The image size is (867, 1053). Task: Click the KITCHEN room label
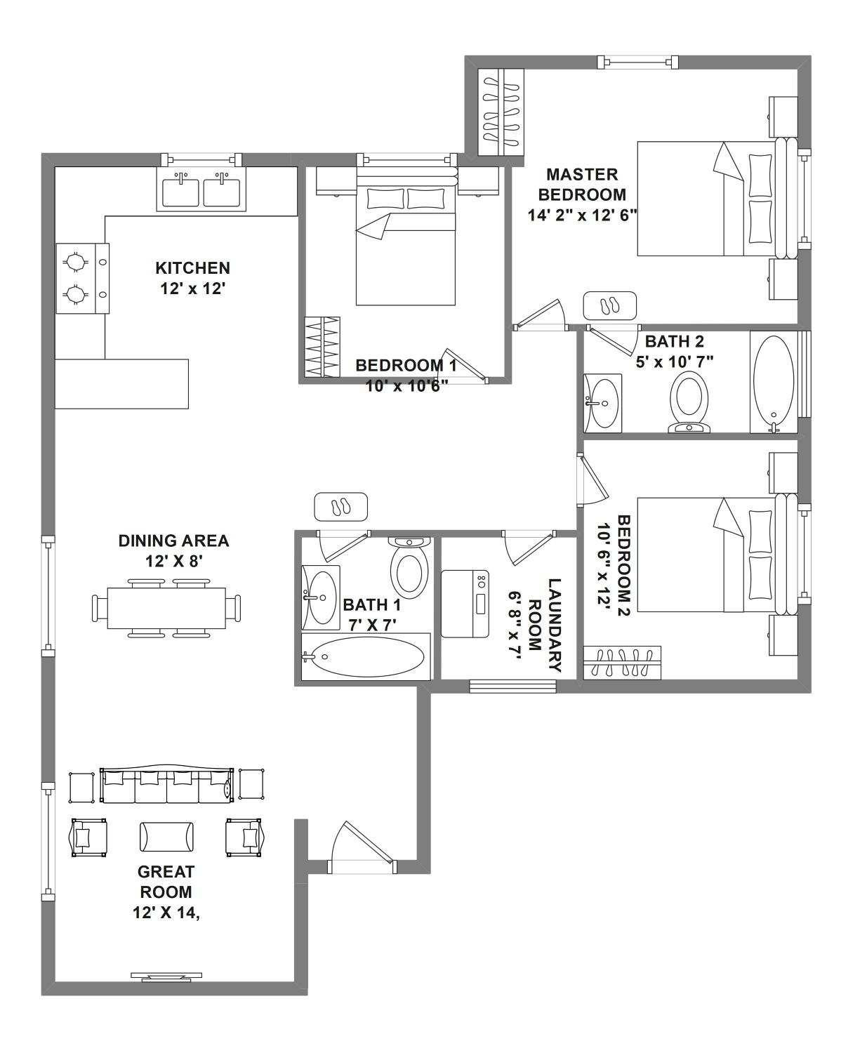coord(193,268)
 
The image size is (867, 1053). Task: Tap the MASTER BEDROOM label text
coord(582,184)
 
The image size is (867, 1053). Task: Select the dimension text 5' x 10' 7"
coord(675,362)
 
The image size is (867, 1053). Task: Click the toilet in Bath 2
coord(689,402)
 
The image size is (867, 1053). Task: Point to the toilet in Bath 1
coord(409,567)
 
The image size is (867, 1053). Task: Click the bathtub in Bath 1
coord(366,656)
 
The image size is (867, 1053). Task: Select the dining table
coord(166,608)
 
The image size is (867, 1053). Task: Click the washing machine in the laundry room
coord(465,604)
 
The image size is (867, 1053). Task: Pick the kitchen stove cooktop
coord(82,279)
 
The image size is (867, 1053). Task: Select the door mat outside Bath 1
coord(340,507)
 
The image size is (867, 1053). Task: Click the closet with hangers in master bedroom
coord(501,112)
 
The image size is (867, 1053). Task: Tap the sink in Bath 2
coord(603,403)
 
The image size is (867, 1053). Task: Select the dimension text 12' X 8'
coord(174,562)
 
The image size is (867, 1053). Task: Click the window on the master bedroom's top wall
coord(638,62)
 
